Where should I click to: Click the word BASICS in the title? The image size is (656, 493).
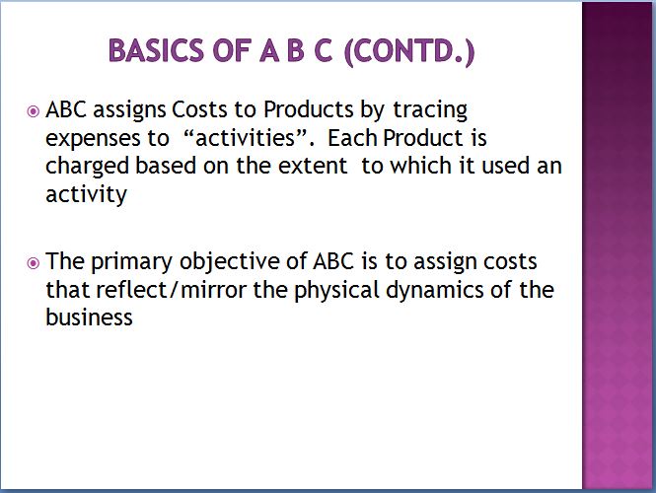click(x=156, y=50)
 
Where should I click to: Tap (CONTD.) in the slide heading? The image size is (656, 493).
click(x=409, y=51)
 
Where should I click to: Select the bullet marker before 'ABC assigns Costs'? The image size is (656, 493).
click(x=33, y=111)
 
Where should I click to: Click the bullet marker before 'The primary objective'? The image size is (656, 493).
click(x=33, y=263)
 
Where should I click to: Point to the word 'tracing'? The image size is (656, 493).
click(x=430, y=110)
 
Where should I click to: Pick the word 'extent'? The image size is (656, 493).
click(x=313, y=166)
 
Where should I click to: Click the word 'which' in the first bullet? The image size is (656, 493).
click(x=421, y=166)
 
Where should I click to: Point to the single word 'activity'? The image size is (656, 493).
click(x=86, y=195)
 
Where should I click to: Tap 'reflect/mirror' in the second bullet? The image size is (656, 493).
click(x=171, y=289)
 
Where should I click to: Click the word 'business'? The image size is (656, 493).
click(x=89, y=317)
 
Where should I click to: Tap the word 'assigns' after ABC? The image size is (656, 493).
click(x=129, y=110)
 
